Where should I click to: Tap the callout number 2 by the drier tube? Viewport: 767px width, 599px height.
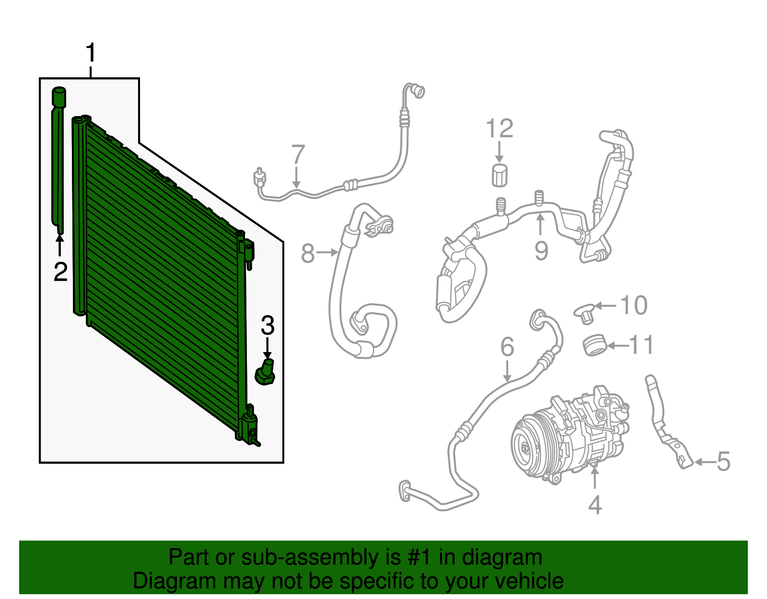coord(60,272)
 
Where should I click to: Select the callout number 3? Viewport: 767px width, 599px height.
coord(267,326)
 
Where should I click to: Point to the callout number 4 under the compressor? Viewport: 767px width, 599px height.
coord(594,505)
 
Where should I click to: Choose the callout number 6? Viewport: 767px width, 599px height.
coord(507,347)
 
